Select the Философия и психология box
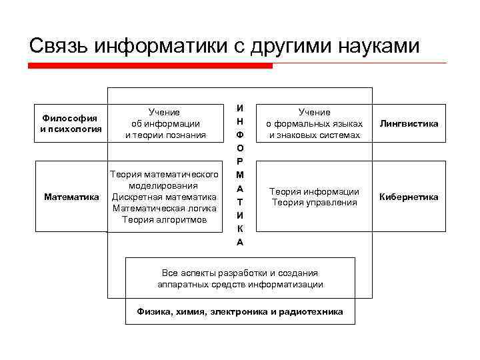pos(70,124)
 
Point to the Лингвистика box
pos(409,124)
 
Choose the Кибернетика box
pos(409,197)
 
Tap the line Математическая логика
pos(164,208)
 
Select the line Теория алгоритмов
pos(164,219)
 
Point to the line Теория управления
pos(314,202)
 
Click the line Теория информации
pos(314,191)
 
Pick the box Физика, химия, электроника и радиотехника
pos(240,311)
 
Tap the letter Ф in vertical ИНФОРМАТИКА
pos(240,135)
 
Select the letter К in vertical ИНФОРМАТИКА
pos(240,229)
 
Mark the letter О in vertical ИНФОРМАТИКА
pos(240,149)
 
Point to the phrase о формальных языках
pos(314,124)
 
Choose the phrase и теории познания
pos(164,135)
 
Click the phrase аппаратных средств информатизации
pos(240,284)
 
